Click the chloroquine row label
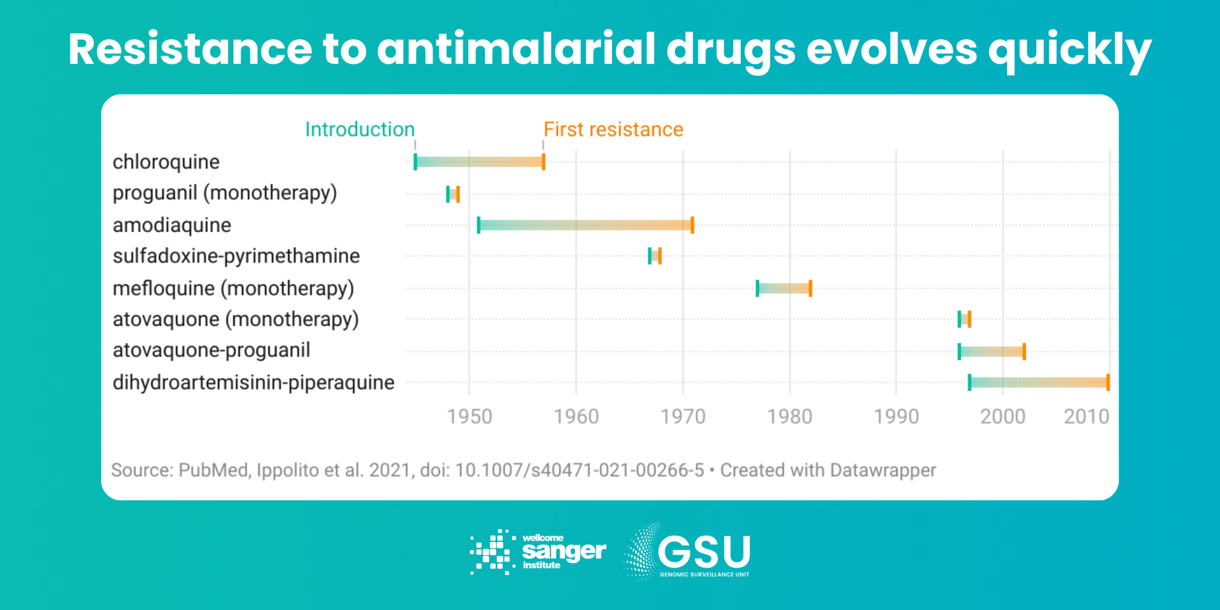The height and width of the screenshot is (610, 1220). click(166, 162)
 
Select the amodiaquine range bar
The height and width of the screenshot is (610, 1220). click(585, 225)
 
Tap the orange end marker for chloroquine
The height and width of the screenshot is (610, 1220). click(543, 162)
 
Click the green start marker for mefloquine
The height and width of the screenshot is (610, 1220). click(758, 288)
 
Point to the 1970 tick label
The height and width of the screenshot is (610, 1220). click(683, 417)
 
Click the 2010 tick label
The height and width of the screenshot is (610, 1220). click(1086, 417)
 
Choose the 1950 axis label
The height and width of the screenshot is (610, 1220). click(470, 417)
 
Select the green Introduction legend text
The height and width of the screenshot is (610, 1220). click(360, 130)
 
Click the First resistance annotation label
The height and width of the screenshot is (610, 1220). click(613, 130)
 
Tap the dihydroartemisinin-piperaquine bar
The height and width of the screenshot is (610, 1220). click(1039, 383)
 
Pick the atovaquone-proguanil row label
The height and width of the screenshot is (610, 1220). click(211, 350)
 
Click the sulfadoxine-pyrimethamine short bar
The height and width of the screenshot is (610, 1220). click(655, 256)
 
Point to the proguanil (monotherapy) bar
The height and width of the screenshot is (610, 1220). click(453, 194)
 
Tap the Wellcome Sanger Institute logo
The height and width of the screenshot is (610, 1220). click(538, 552)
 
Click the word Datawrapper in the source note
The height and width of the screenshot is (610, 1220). click(882, 471)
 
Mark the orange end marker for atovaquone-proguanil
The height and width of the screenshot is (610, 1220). click(1024, 351)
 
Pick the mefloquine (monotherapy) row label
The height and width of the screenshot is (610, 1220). click(233, 289)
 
